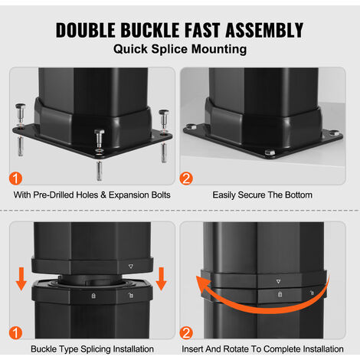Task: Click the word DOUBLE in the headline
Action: click(x=85, y=30)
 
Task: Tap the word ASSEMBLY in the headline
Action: click(x=264, y=30)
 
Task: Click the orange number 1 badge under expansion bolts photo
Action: click(x=15, y=178)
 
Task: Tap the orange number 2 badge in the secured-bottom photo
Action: click(x=186, y=178)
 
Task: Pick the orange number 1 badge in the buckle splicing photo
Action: click(x=15, y=333)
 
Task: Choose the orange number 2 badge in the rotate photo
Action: click(x=186, y=333)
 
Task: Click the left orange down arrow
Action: click(x=21, y=279)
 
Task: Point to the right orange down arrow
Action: click(x=161, y=279)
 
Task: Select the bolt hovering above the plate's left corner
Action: click(x=20, y=113)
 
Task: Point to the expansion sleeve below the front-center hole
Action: click(x=99, y=171)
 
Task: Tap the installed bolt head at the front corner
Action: click(x=270, y=152)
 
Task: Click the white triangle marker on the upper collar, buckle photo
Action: click(x=131, y=267)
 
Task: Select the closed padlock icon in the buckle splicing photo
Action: click(x=93, y=296)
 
